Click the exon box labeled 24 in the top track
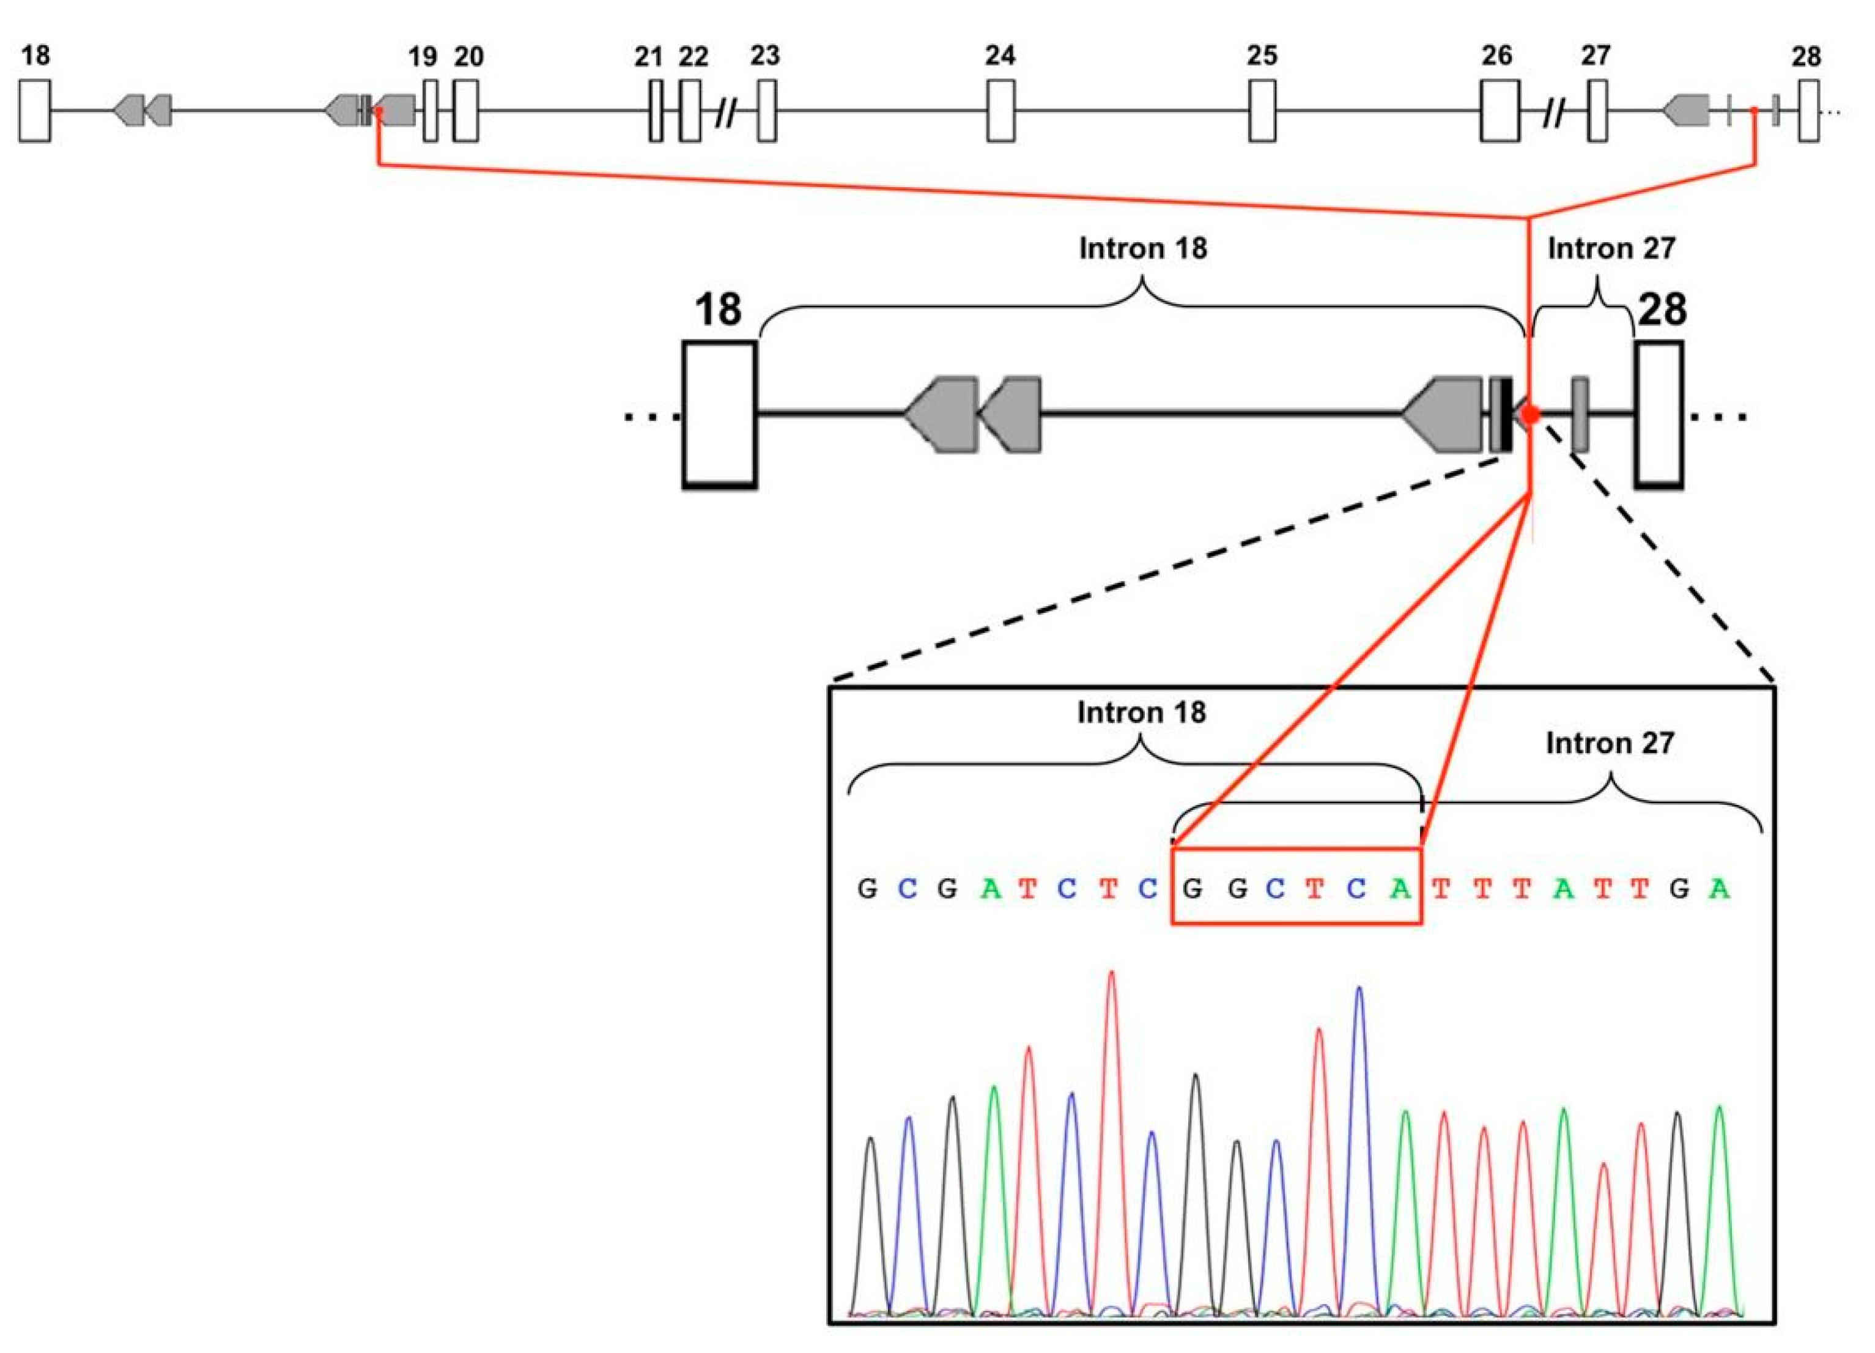coord(1000,111)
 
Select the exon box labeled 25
coord(1262,111)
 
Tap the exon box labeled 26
coord(1499,111)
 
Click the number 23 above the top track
coord(764,56)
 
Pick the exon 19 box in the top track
coord(430,111)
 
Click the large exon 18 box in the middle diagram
coord(719,415)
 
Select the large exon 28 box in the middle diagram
coord(1659,415)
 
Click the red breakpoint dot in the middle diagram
coord(1531,414)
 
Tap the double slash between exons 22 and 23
coord(725,113)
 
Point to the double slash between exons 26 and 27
coord(1554,113)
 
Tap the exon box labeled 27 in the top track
coord(1597,111)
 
